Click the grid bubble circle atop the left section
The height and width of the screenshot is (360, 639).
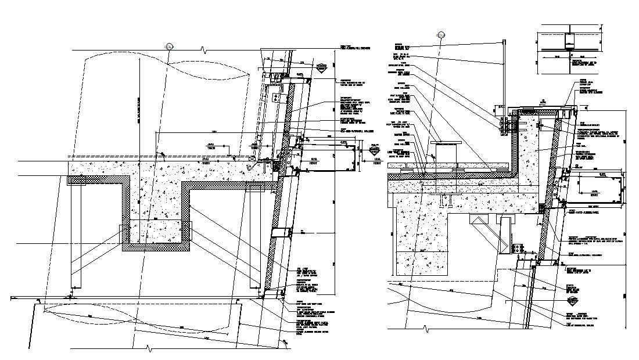tap(169, 46)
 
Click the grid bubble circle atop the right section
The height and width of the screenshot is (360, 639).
tap(441, 36)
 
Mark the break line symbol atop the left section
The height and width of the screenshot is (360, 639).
tap(202, 48)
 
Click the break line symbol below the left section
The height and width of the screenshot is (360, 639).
tap(150, 349)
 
